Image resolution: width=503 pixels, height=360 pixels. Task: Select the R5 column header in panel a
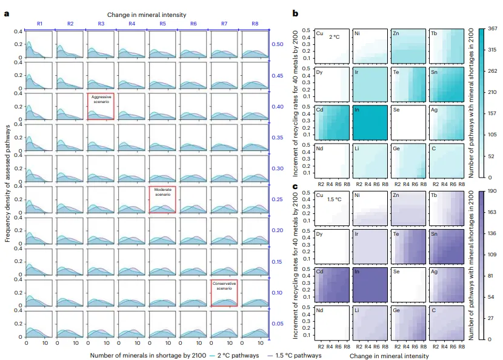[x=162, y=24]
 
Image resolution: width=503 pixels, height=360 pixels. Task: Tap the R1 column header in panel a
[x=39, y=24]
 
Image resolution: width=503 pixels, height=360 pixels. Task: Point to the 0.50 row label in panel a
[x=277, y=44]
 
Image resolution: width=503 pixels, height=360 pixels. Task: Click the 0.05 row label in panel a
[x=277, y=324]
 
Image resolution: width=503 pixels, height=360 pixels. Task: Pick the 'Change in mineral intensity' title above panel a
[x=147, y=14]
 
